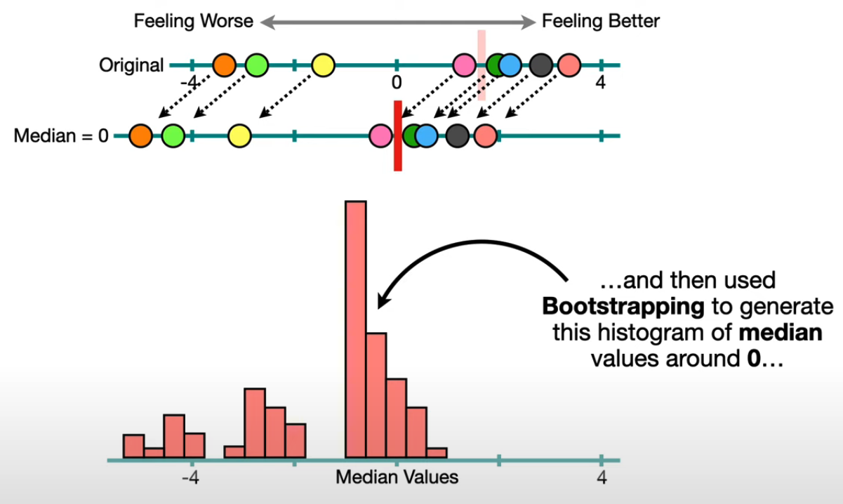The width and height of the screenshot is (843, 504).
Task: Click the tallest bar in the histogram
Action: (x=356, y=330)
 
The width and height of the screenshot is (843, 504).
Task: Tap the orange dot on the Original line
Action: (x=224, y=65)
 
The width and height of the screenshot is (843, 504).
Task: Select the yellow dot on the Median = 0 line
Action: (x=240, y=135)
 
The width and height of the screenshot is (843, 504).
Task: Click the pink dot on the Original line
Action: (x=463, y=65)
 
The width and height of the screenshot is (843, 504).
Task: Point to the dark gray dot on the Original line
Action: (x=540, y=65)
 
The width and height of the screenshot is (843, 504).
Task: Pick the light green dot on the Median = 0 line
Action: (x=173, y=135)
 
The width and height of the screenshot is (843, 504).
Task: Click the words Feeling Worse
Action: (x=194, y=21)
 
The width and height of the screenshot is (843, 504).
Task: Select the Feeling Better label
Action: (x=601, y=21)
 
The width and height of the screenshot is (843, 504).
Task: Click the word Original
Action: (x=131, y=65)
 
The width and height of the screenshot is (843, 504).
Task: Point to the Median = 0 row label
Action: (x=61, y=135)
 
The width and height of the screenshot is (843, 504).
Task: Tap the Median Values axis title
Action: (x=397, y=478)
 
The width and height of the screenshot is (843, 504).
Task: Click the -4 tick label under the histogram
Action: (x=190, y=478)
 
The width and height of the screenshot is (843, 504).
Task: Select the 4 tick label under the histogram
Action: (x=601, y=478)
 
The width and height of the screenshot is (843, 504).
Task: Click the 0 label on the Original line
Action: (x=397, y=83)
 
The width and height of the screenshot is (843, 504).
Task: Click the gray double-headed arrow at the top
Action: (x=397, y=22)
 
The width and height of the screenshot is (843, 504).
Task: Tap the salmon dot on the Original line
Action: (x=569, y=65)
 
